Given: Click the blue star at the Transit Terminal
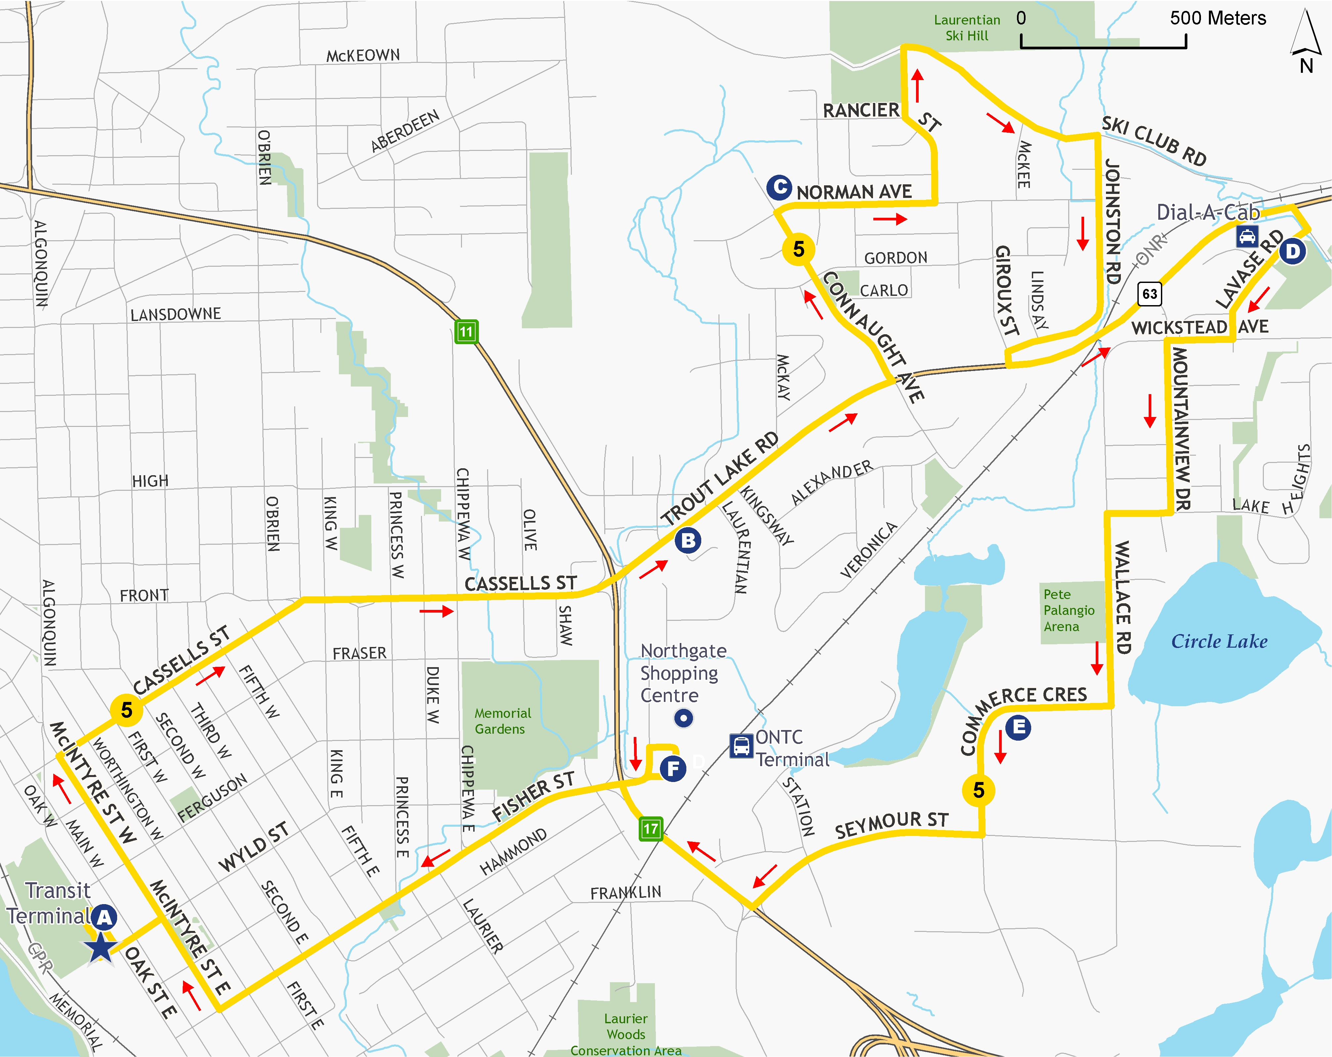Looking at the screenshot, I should coord(101,947).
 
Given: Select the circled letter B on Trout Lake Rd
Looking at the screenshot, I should coord(688,540).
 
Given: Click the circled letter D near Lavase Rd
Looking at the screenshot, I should coord(1292,252).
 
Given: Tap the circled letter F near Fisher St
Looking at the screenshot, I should coord(673,768).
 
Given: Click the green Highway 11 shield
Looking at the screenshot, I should coord(466,332).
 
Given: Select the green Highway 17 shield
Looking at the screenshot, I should coord(651,828).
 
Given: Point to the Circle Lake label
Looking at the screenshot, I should coord(1219,641).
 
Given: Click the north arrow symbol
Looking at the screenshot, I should coord(1306,37).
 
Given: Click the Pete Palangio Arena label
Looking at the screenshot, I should coord(1069,610).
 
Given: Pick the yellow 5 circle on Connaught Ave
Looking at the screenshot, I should coord(798,249).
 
